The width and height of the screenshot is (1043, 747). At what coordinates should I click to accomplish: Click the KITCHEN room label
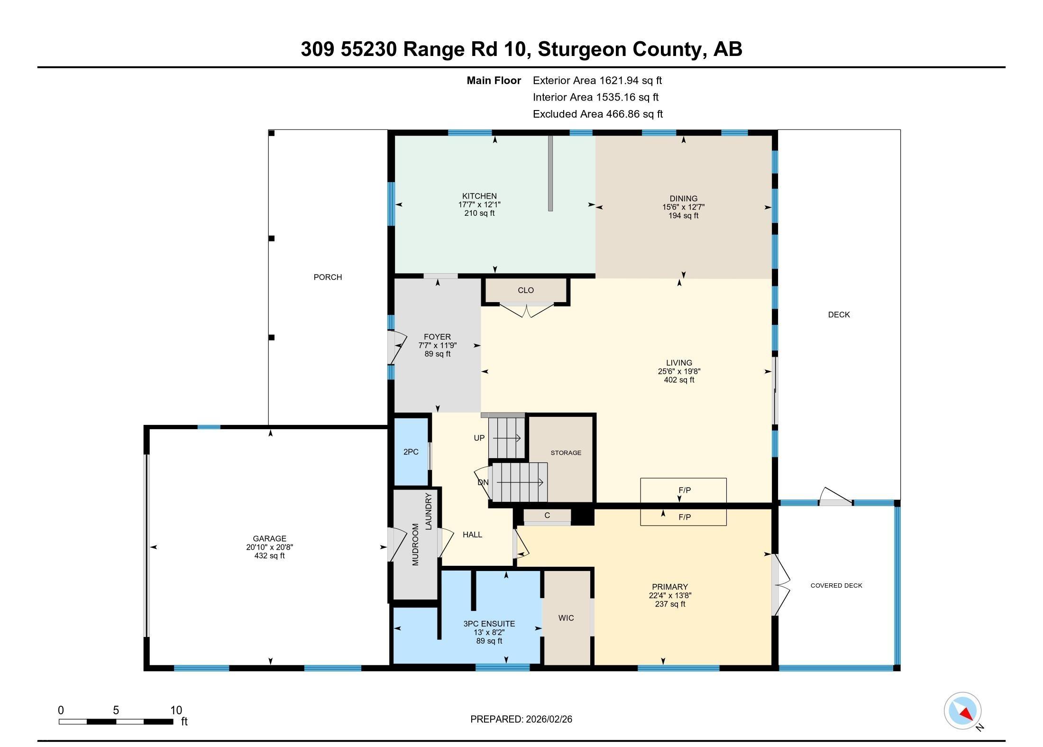pos(479,196)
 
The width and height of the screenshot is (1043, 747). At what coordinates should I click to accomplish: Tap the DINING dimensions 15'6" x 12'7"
pos(683,207)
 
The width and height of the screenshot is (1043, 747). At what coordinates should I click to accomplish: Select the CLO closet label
pos(525,290)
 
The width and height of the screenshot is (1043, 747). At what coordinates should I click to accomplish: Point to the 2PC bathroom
pos(411,452)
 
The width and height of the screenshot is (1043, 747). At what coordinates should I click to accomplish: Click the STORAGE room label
pos(566,453)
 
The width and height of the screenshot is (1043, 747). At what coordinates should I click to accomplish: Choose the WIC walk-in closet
pos(566,618)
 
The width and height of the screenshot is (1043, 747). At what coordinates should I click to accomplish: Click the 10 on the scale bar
pos(176,710)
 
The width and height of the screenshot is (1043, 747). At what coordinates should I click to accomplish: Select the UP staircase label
pos(479,438)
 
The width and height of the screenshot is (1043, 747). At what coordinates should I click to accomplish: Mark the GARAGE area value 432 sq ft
pos(269,556)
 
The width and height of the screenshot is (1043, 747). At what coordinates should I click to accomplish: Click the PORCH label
pos(328,277)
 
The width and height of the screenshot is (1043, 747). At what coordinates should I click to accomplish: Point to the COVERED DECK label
pos(836,586)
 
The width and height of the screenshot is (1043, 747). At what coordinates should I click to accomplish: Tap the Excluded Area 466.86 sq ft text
pos(597,114)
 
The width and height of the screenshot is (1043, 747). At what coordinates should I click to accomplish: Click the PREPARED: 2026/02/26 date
pos(521,719)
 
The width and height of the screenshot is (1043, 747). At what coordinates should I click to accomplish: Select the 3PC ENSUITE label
pos(489,624)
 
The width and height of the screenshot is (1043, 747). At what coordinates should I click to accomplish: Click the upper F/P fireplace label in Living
pos(684,490)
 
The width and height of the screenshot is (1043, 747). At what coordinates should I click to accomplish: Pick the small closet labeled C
pos(547,516)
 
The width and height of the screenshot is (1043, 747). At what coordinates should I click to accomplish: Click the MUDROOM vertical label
pos(415,544)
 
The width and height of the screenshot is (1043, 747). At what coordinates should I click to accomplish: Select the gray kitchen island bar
pos(550,173)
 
